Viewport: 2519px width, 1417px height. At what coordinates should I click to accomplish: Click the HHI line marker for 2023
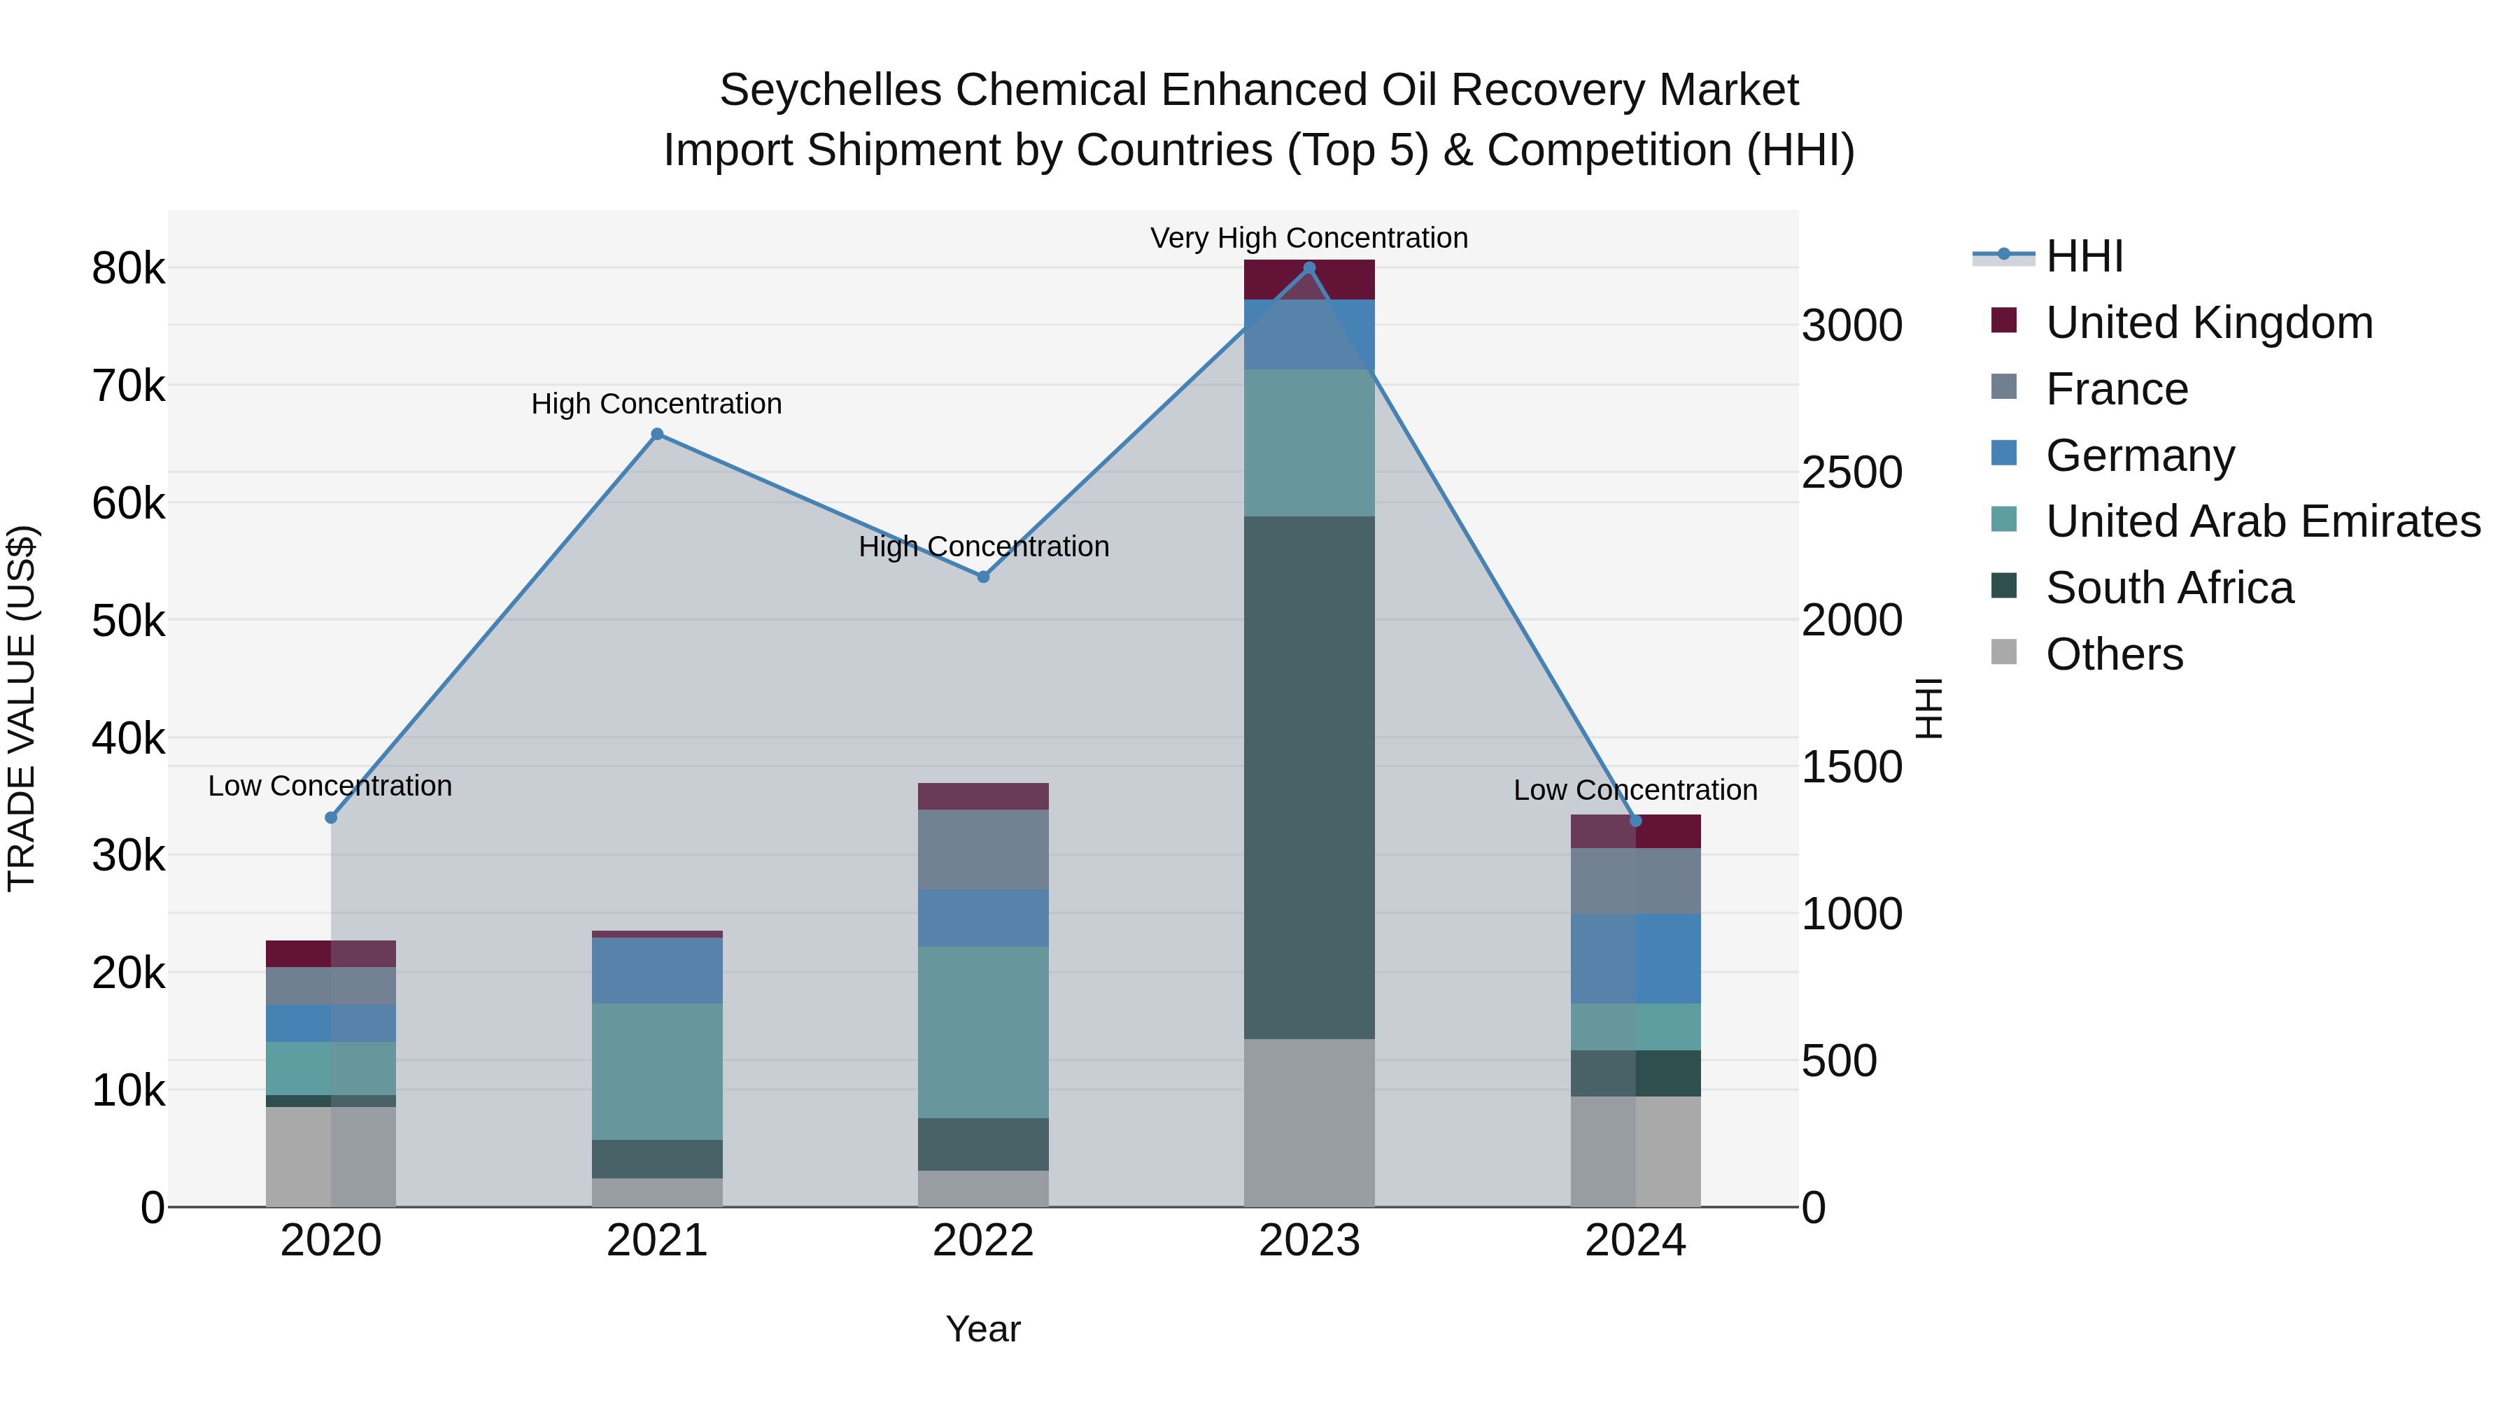click(x=1309, y=268)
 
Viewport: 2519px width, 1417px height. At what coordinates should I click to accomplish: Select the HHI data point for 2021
click(x=657, y=434)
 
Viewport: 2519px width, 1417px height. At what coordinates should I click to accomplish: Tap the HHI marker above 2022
click(x=984, y=577)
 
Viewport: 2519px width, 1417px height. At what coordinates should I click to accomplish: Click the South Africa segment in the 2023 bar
click(x=1309, y=777)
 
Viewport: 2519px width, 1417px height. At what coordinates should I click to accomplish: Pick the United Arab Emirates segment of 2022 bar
click(x=983, y=1031)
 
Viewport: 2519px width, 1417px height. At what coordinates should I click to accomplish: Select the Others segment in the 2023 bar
click(x=1309, y=1122)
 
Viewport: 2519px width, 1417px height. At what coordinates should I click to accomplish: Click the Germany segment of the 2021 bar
click(x=657, y=970)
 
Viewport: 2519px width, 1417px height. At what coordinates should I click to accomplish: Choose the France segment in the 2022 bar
click(x=983, y=849)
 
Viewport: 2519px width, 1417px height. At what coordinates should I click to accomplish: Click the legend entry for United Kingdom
click(x=2209, y=323)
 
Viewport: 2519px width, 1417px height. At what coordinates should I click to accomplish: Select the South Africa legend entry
click(x=2169, y=588)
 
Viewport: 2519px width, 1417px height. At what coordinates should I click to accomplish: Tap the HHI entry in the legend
click(x=2084, y=256)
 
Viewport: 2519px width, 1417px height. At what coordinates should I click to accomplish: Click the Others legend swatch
click(x=2004, y=652)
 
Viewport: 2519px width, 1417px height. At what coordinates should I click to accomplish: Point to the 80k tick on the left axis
click(x=128, y=269)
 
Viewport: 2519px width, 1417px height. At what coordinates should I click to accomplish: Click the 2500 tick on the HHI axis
click(x=1851, y=473)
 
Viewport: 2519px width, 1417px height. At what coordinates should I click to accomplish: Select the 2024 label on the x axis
click(x=1635, y=1241)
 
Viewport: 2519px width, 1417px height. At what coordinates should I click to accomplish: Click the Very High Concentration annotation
click(x=1308, y=238)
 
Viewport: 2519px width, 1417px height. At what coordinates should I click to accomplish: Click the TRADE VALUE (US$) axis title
click(x=22, y=708)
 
